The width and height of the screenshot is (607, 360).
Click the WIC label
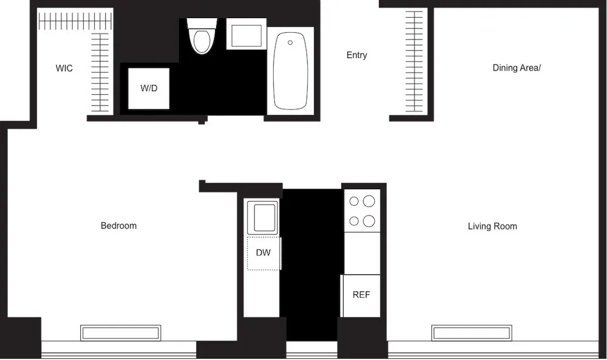(64, 69)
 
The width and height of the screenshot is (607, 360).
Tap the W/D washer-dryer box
(148, 89)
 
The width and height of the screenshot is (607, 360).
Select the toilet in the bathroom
(202, 37)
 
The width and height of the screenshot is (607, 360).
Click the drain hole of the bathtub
(290, 42)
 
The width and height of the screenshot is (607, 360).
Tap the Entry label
(356, 55)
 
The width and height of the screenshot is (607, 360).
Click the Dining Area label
(516, 68)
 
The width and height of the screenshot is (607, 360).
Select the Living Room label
(492, 226)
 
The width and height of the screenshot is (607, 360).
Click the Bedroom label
(118, 226)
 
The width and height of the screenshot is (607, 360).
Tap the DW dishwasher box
(263, 253)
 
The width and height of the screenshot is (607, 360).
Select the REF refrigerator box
(361, 295)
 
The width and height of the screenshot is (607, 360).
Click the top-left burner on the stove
(353, 201)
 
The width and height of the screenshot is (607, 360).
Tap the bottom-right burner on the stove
(369, 221)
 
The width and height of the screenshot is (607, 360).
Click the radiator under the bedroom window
(120, 333)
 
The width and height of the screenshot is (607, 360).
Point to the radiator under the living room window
(472, 333)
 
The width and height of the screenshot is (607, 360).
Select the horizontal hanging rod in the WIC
(75, 22)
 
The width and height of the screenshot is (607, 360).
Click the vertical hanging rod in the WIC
(100, 72)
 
